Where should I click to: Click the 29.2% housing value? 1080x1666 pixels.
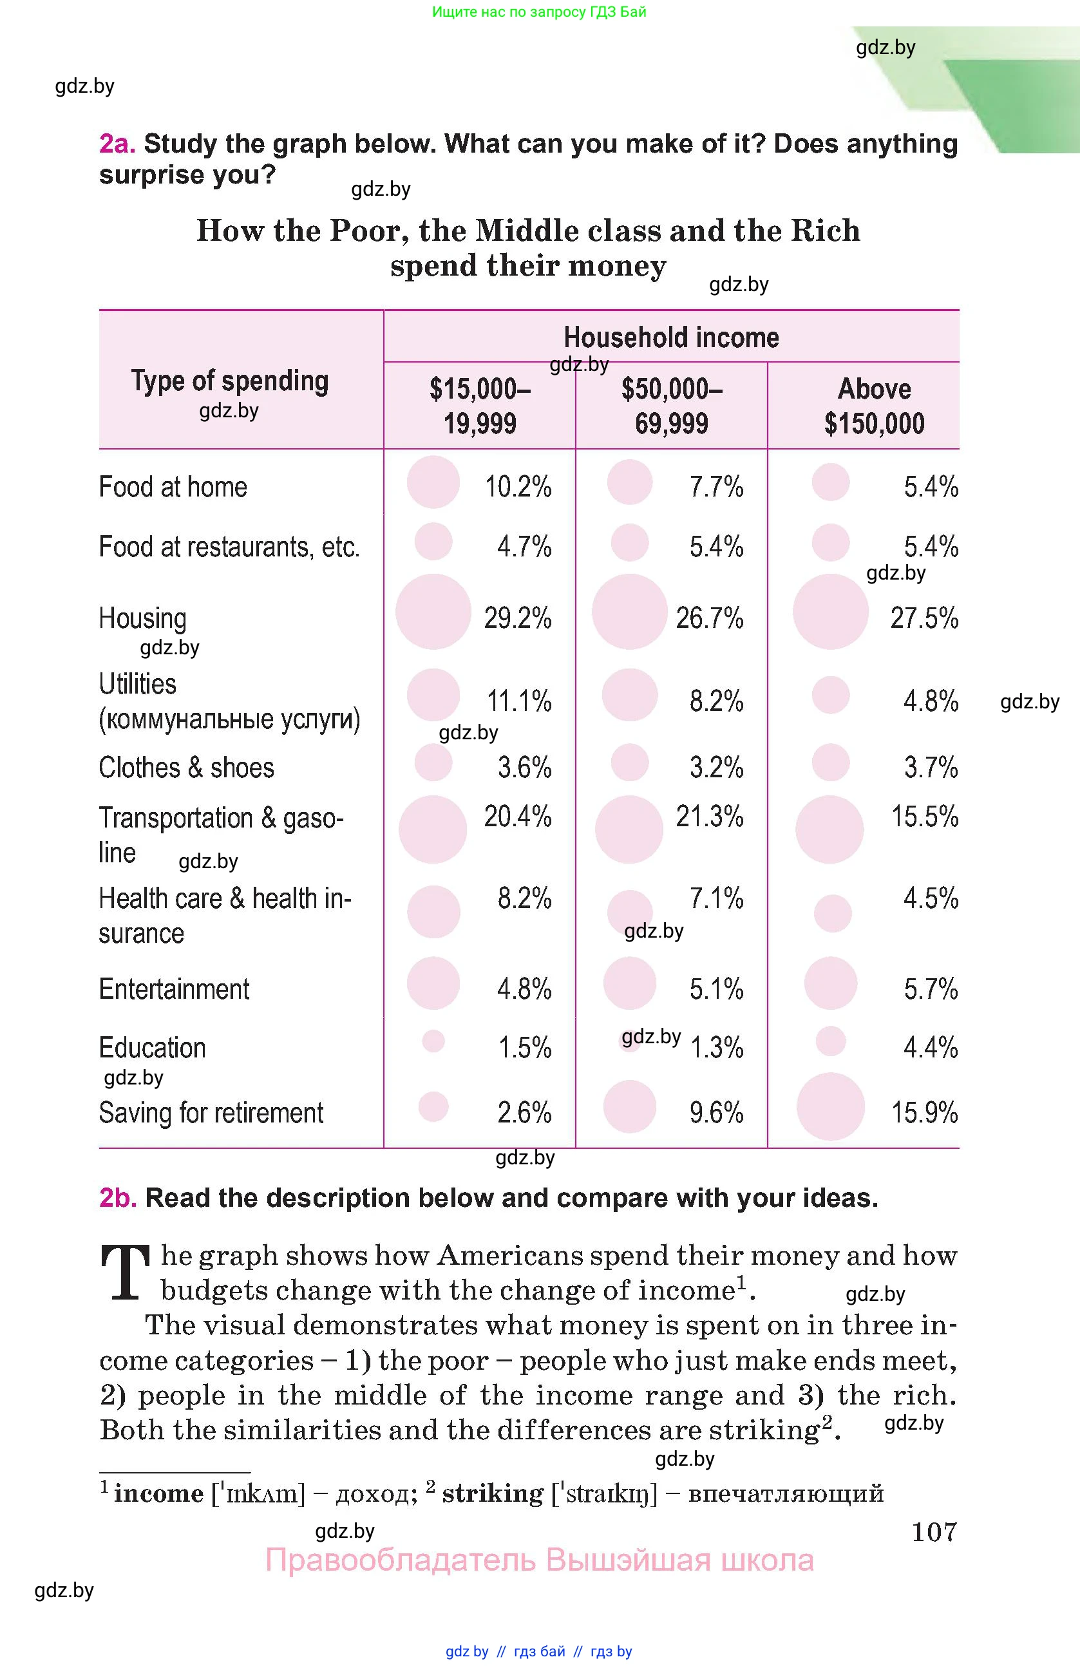point(517,618)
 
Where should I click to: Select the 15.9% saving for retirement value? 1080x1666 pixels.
point(924,1112)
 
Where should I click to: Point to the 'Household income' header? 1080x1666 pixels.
point(671,337)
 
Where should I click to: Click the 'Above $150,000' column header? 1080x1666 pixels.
point(874,406)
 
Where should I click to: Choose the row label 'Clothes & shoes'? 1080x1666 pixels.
point(186,768)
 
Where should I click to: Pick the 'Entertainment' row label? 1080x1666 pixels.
point(174,989)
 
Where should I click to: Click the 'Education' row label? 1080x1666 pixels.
point(152,1048)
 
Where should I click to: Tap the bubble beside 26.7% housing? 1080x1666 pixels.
point(629,612)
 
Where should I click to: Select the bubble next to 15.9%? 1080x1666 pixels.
point(830,1107)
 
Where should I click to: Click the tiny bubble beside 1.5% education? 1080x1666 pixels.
point(433,1041)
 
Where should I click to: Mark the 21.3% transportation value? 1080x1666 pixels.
point(709,816)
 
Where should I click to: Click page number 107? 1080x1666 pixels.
point(934,1531)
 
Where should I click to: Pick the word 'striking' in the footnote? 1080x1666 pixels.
point(492,1493)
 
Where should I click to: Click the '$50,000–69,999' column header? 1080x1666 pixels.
point(671,406)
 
